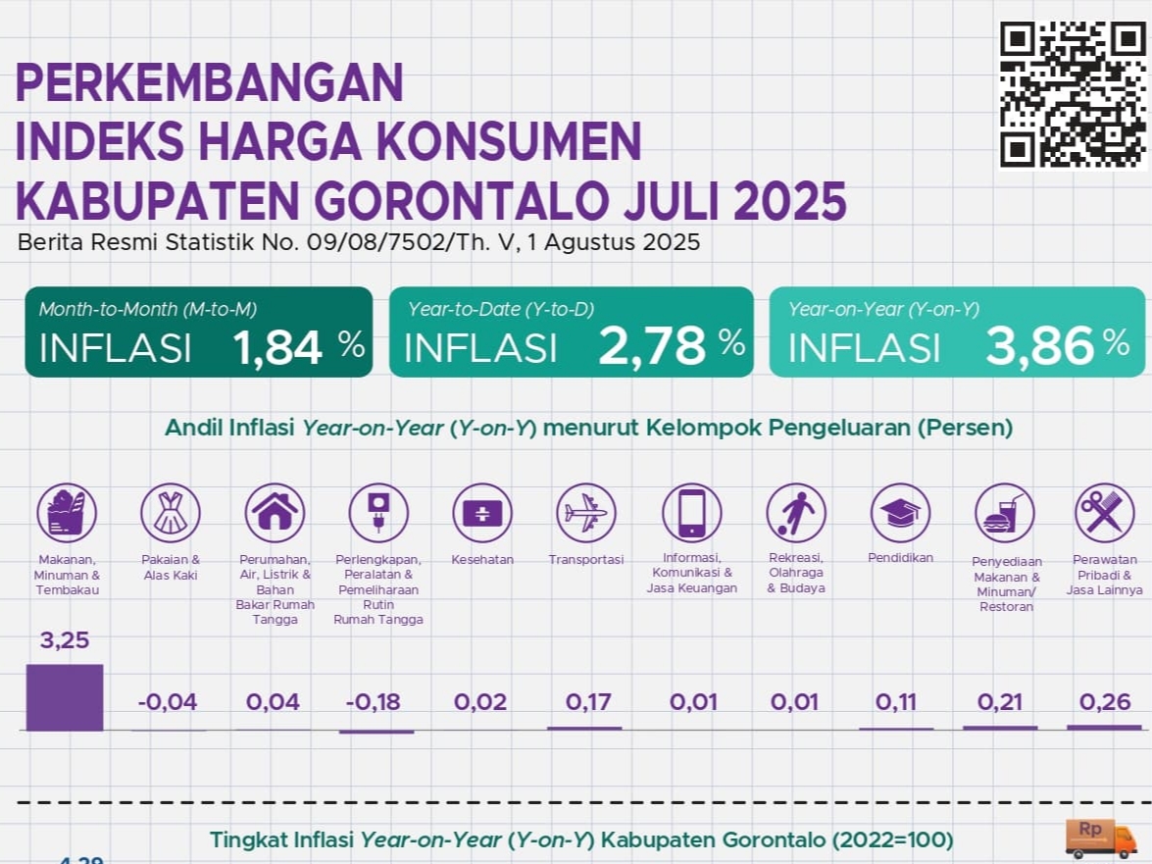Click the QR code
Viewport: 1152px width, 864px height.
pos(1073,94)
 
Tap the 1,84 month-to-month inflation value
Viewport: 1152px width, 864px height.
pos(278,347)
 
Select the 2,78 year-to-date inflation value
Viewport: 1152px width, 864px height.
pos(652,346)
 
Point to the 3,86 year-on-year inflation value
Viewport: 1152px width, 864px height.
pos(1039,346)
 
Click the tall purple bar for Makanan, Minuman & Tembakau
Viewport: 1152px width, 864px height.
pos(65,697)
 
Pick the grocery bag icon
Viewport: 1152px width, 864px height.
pos(67,513)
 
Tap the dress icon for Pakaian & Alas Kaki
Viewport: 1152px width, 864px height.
pos(171,513)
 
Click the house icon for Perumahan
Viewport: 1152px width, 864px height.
pos(275,513)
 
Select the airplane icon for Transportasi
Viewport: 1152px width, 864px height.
pos(586,513)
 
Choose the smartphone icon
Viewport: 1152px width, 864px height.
pos(691,513)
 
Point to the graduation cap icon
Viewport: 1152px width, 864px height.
pos(900,513)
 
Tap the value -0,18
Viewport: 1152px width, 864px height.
pos(374,702)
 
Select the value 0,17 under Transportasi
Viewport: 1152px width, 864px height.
pos(588,702)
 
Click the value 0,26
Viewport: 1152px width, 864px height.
pos(1105,702)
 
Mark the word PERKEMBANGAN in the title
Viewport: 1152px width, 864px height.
pos(210,83)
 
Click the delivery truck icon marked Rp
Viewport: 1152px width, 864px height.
pos(1100,839)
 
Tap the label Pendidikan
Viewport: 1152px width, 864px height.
pos(900,558)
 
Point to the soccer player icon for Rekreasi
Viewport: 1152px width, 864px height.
pos(795,513)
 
